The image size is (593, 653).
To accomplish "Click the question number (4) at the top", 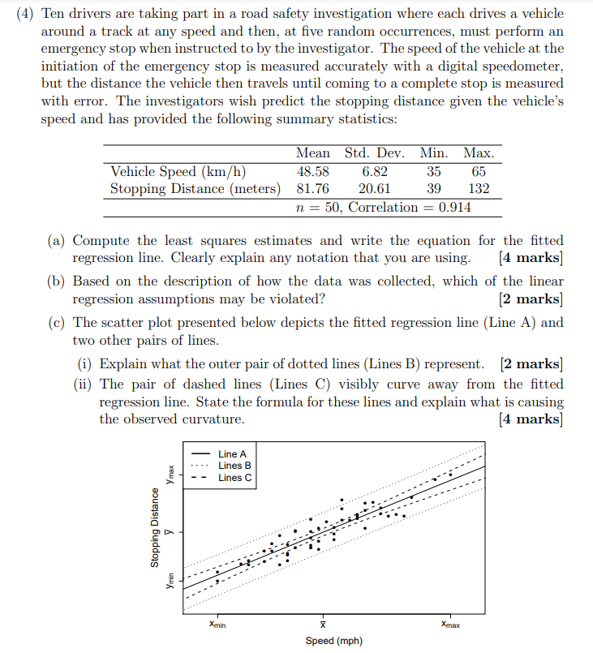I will tap(25, 14).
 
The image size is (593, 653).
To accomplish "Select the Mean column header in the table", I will tap(312, 153).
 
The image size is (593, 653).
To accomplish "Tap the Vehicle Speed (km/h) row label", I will tap(178, 171).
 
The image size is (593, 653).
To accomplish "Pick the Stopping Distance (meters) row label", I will tap(196, 189).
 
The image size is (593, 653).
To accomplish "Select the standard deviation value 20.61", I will tap(374, 189).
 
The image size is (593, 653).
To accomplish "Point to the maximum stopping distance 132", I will tap(478, 189).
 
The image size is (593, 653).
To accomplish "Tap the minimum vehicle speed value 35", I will tap(434, 171).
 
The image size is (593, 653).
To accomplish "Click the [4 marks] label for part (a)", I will tap(531, 258).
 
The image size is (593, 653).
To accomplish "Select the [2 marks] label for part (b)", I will tap(531, 299).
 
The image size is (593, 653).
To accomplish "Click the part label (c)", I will tap(58, 322).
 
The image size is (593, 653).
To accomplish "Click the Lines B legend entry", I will tap(235, 466).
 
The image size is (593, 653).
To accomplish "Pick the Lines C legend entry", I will tap(235, 478).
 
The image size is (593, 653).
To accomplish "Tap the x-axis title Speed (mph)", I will tap(333, 641).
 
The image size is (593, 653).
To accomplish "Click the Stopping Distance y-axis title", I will tap(154, 526).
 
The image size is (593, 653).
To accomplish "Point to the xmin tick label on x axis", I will tap(217, 624).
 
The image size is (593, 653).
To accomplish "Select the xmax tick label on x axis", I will tap(451, 624).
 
